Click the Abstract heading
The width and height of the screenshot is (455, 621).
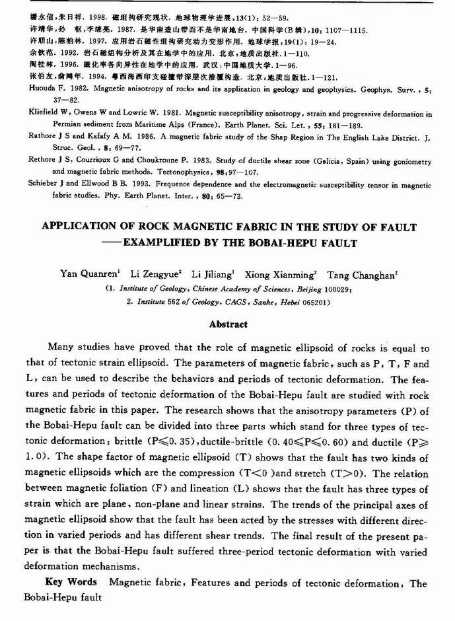tap(228, 324)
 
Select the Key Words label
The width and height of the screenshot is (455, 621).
tap(71, 583)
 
